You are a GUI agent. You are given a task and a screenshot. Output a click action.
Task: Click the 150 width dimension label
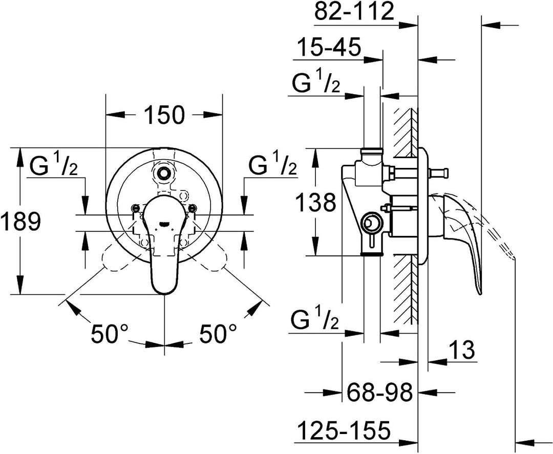point(164,114)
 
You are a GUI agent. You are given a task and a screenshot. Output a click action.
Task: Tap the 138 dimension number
point(315,203)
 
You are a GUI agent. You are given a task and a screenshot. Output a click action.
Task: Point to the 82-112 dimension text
point(354,11)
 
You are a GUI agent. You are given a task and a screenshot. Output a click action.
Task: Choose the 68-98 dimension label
point(379,392)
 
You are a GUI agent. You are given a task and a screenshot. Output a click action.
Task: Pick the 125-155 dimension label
point(344,429)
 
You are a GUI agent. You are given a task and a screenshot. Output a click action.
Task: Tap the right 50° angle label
point(218,333)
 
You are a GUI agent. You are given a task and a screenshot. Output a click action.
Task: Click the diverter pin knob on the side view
point(439,173)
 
